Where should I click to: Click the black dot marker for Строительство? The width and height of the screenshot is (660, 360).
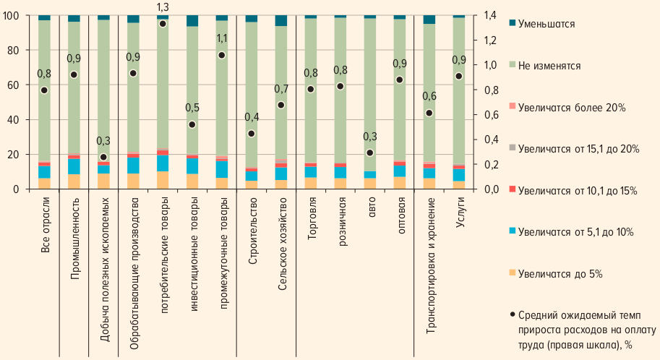(252, 134)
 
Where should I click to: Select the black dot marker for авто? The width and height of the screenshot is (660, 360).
(370, 153)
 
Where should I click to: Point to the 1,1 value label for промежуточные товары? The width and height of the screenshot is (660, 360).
(222, 38)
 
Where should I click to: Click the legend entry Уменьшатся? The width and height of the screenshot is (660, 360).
(552, 24)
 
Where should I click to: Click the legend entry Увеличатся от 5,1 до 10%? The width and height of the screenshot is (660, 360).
(576, 231)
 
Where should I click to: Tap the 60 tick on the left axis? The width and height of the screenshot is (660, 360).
(12, 85)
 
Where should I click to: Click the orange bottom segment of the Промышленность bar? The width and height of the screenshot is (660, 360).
(74, 181)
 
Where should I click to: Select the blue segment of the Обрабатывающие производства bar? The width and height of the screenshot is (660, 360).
(133, 166)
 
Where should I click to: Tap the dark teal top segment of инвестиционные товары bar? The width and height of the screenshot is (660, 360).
(192, 20)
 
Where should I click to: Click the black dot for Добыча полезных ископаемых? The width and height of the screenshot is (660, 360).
(103, 157)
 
